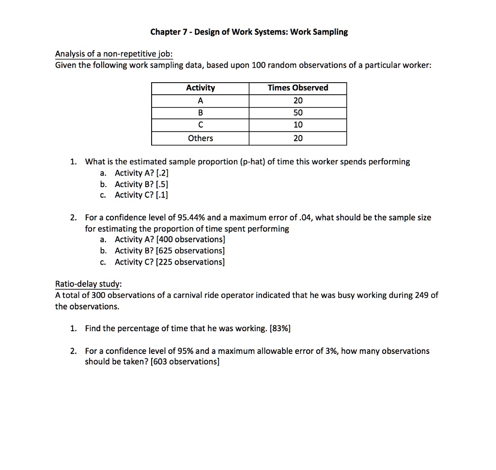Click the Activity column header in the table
pos(200,88)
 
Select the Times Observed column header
pos(298,88)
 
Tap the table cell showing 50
pos(298,113)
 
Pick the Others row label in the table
pos(200,138)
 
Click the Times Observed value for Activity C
pos(298,125)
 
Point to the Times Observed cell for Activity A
pos(298,101)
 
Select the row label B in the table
pos(200,113)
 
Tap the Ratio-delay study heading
pos(88,283)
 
